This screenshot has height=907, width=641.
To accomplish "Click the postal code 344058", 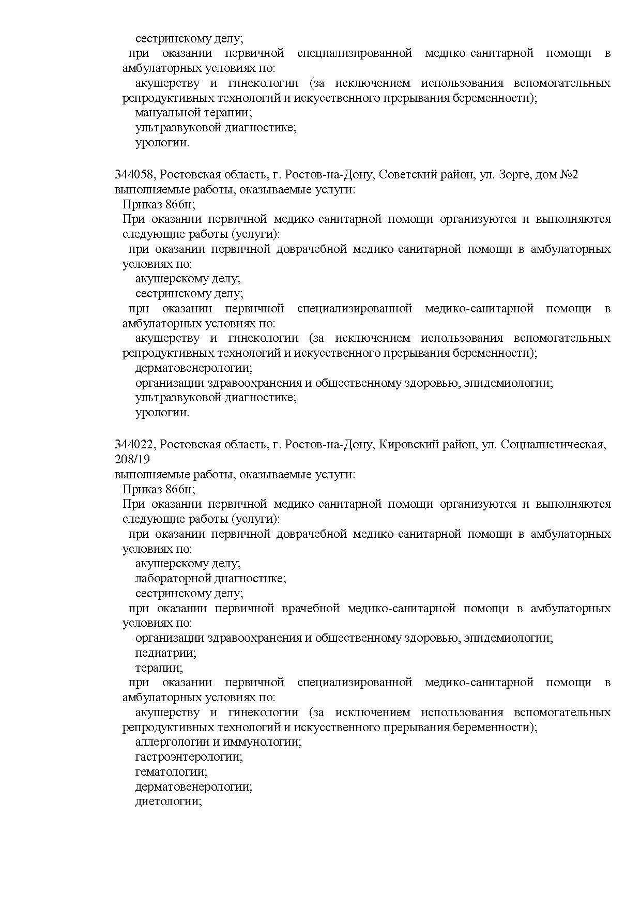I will pos(134,175).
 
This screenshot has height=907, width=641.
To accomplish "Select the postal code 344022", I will pos(134,445).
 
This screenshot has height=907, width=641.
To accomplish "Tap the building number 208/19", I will pos(132,459).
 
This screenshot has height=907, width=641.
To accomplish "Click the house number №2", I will pos(569,175).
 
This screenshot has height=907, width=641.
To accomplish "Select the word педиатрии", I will pos(166,653).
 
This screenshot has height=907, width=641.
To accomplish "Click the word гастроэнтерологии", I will pos(189,758).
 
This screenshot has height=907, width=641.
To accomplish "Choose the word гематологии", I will pos(171,773).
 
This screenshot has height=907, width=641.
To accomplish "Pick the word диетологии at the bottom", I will pos(168,802).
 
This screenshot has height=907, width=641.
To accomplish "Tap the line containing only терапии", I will pos(159,668).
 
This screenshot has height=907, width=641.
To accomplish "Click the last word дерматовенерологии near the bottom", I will pos(194,788).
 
